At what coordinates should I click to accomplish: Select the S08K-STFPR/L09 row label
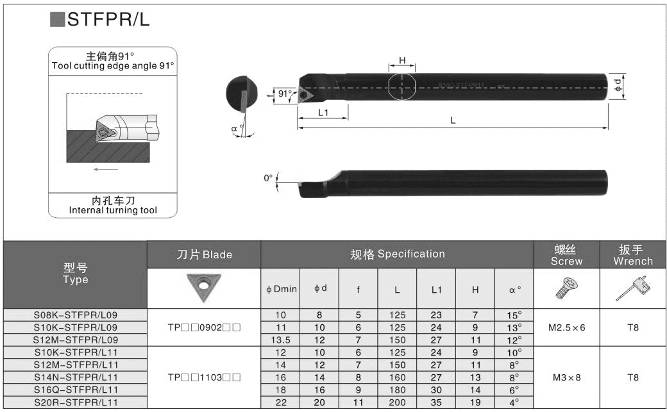(x=76, y=315)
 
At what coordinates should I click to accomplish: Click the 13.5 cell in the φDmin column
(x=280, y=340)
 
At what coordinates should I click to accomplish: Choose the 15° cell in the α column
(x=514, y=315)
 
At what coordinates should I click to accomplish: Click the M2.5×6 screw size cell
(x=566, y=327)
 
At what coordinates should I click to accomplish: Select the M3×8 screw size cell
(x=566, y=377)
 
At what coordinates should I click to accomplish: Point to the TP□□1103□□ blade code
(x=204, y=377)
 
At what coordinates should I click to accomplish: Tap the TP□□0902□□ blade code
(x=204, y=327)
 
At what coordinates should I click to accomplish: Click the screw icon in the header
(x=566, y=289)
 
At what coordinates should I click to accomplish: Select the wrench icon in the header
(x=632, y=288)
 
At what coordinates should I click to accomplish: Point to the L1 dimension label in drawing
(x=323, y=112)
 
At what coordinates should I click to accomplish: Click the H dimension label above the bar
(x=402, y=60)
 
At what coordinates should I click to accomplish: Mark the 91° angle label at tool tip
(x=284, y=94)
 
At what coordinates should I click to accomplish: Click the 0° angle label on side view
(x=268, y=178)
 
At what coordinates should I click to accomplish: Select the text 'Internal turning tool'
(x=113, y=210)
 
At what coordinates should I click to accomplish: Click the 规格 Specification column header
(x=397, y=254)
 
